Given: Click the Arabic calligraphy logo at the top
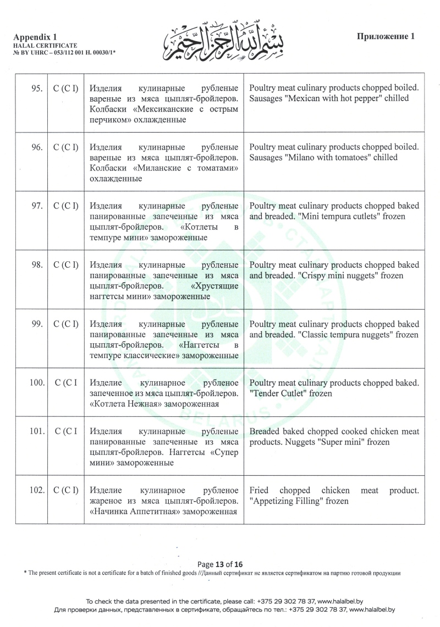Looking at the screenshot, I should [220, 40].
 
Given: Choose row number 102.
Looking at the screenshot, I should [37, 490].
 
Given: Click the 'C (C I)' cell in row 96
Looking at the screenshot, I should [66, 147].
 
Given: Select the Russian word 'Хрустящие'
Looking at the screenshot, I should [215, 285].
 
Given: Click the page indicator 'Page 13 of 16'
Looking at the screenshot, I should [220, 564].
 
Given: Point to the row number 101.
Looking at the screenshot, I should [37, 431].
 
